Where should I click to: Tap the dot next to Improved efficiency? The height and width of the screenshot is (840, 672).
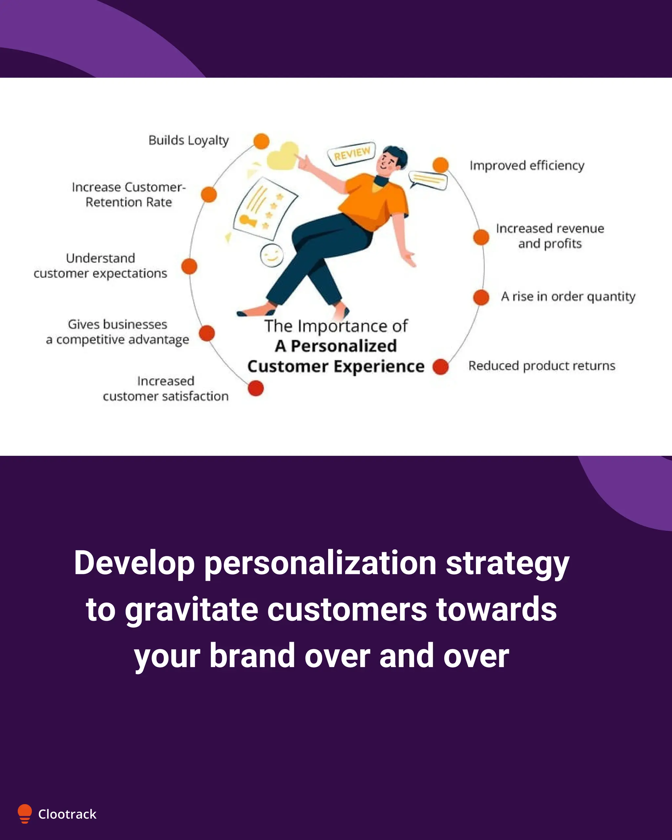[441, 165]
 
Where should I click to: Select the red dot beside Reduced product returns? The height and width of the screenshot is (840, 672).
[441, 367]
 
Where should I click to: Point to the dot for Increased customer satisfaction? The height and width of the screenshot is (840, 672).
[256, 388]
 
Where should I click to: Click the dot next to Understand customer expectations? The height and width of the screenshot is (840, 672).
[189, 266]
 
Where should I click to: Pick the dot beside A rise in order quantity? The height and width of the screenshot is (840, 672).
[481, 297]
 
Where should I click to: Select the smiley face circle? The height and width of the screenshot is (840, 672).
[272, 256]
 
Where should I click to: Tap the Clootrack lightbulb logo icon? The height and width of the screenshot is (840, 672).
[25, 813]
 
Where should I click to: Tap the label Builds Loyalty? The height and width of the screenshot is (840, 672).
[189, 140]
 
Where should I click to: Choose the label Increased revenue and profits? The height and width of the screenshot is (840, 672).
[550, 236]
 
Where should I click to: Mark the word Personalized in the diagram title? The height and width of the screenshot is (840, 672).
[344, 346]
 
